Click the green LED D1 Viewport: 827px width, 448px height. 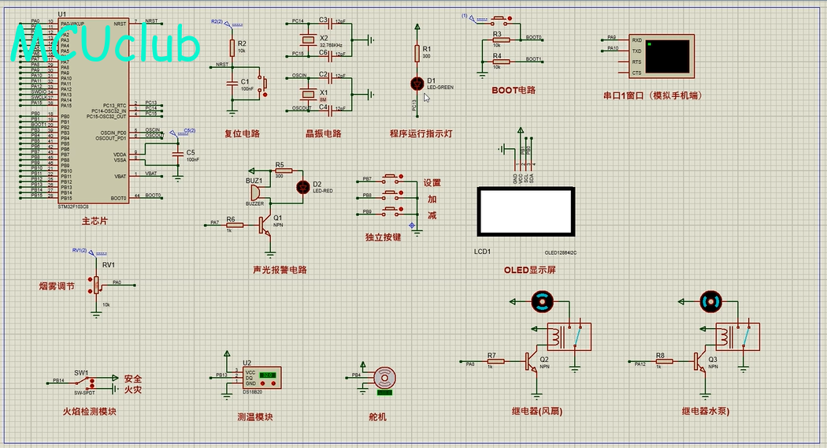[417, 83]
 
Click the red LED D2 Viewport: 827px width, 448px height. [302, 187]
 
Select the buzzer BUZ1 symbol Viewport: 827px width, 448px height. [254, 193]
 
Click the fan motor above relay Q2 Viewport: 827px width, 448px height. [542, 301]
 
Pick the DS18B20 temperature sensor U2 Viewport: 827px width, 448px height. [260, 378]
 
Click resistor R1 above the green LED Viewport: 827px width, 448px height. [417, 53]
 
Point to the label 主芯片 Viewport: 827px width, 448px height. [94, 221]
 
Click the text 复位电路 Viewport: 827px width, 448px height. [242, 133]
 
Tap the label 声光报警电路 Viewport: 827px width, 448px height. [280, 270]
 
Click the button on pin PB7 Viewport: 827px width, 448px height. [391, 179]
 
